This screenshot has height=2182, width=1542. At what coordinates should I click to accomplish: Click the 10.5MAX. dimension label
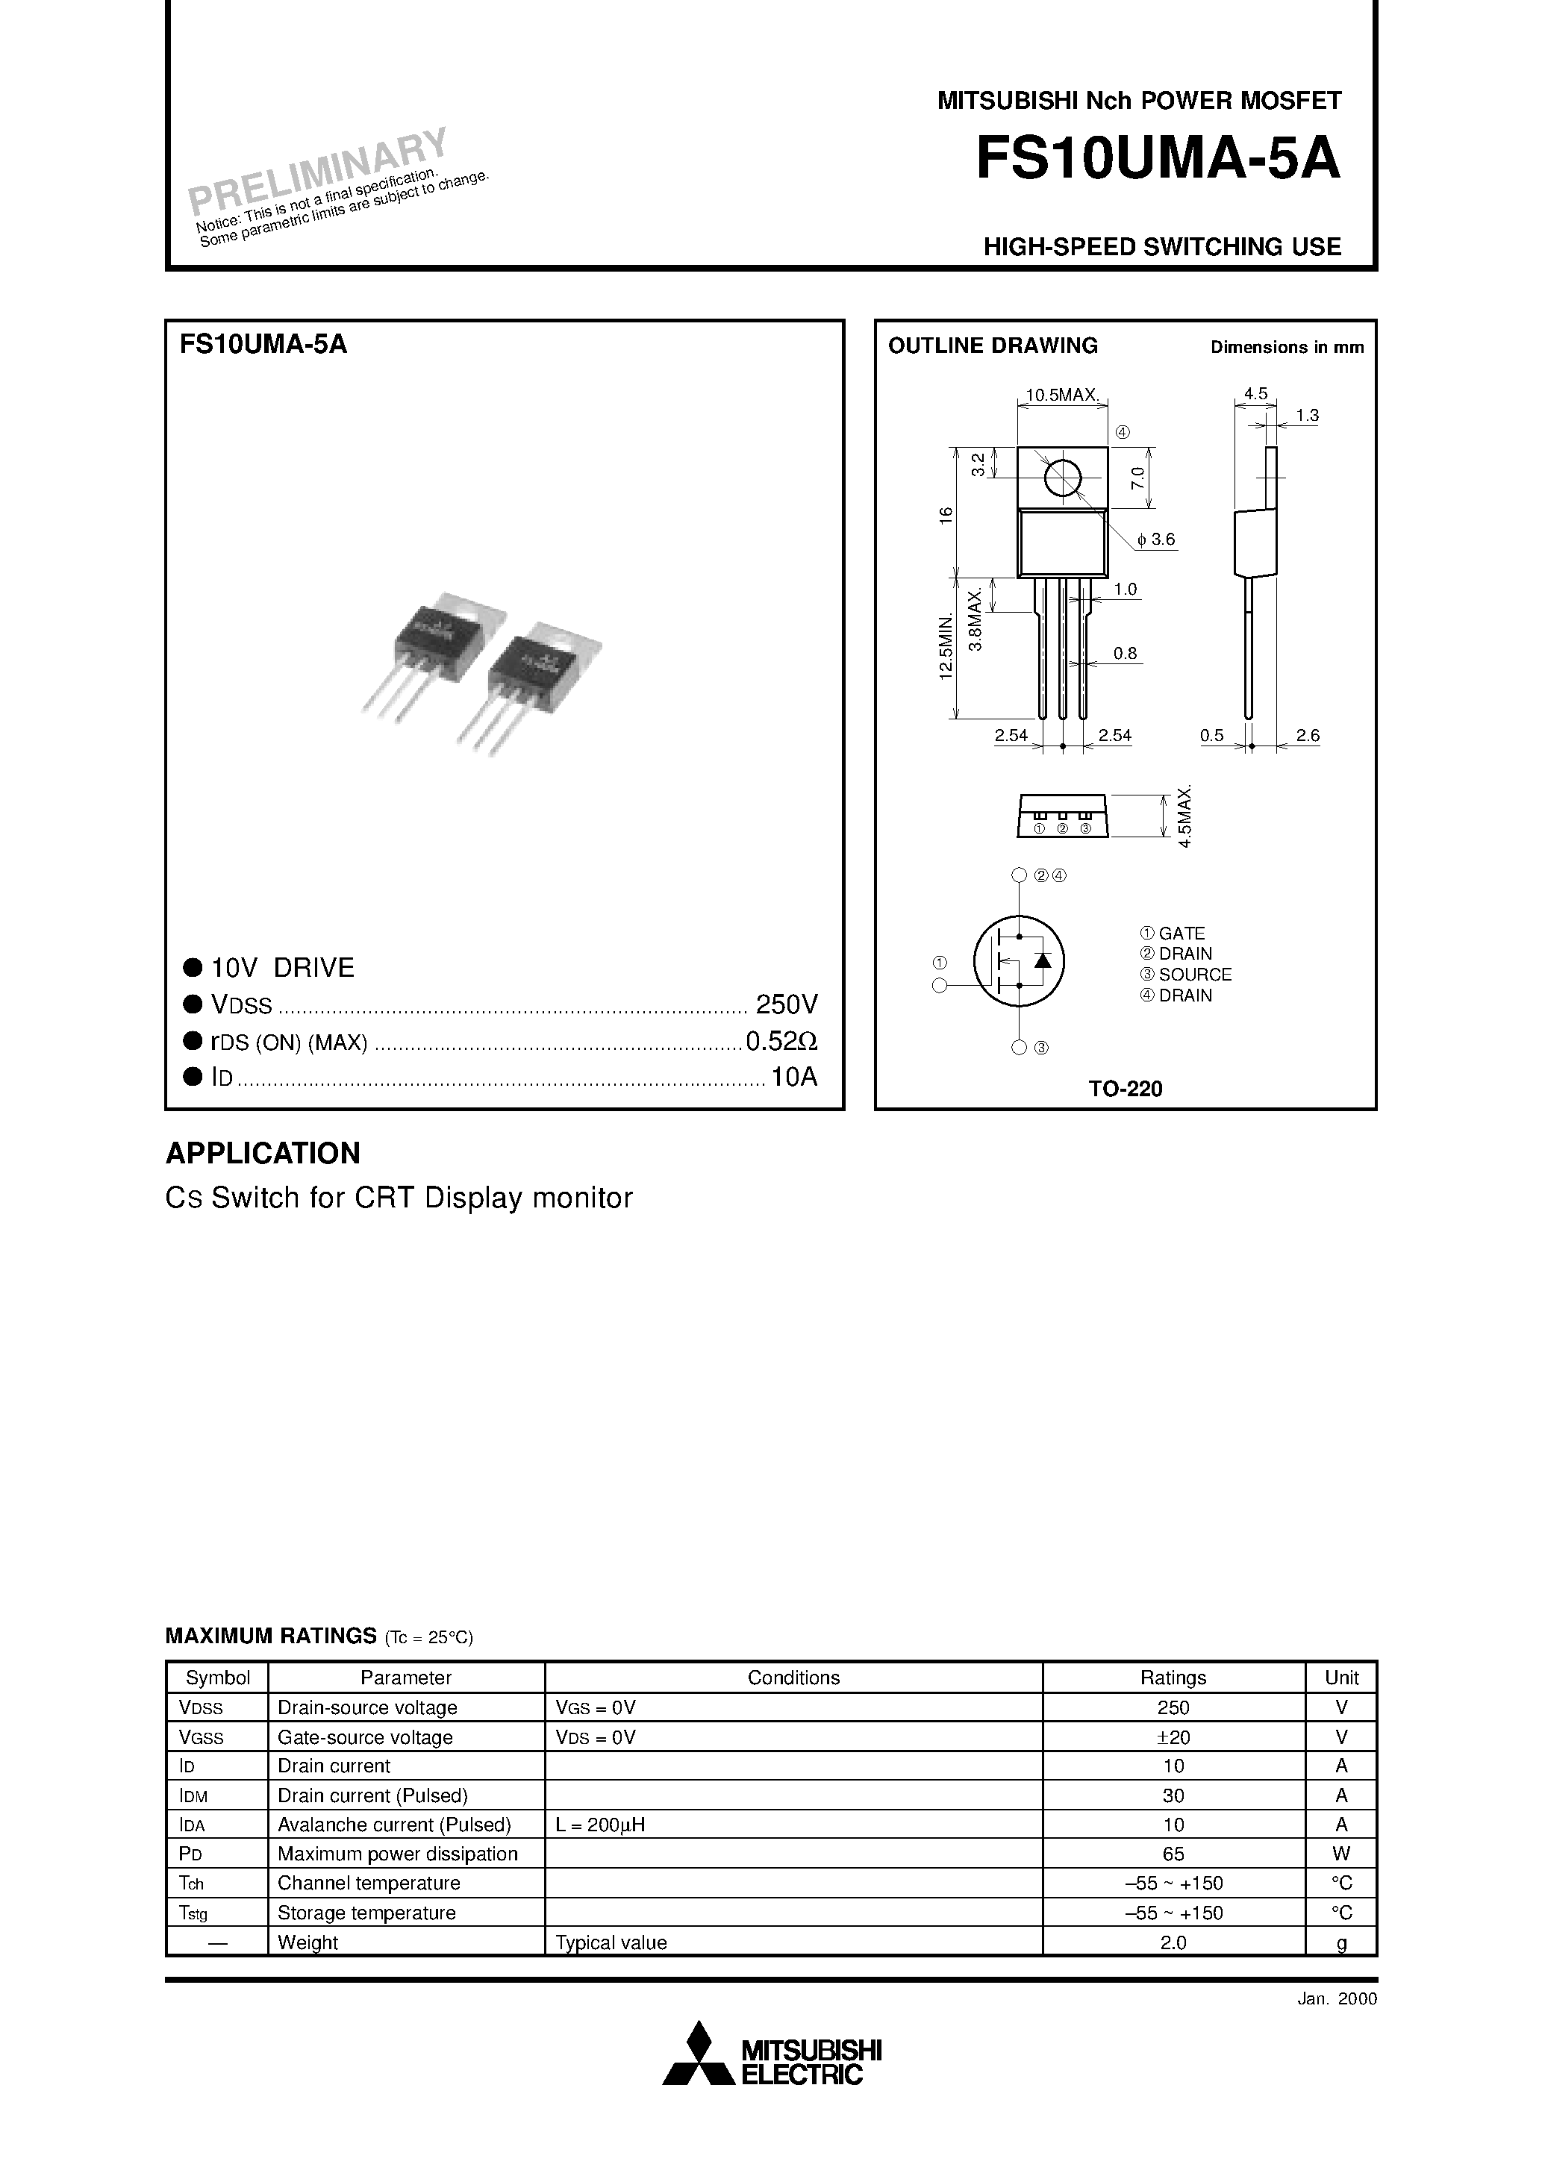(x=1062, y=396)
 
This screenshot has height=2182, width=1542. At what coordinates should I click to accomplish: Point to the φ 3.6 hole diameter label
(x=1156, y=540)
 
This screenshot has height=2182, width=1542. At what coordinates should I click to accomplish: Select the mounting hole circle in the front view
(x=1062, y=478)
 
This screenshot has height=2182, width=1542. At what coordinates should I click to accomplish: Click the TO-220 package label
(x=1125, y=1089)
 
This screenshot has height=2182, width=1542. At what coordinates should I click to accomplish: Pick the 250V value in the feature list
(x=786, y=1004)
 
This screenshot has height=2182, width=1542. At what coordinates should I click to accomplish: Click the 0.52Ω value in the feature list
(x=781, y=1042)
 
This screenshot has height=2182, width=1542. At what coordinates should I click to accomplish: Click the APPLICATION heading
(x=263, y=1153)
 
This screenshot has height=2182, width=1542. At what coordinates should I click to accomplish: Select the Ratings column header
(x=1173, y=1678)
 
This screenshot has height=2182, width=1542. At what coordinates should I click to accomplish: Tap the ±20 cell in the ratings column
(x=1173, y=1737)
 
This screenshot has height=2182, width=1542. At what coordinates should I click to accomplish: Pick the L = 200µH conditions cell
(x=600, y=1825)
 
